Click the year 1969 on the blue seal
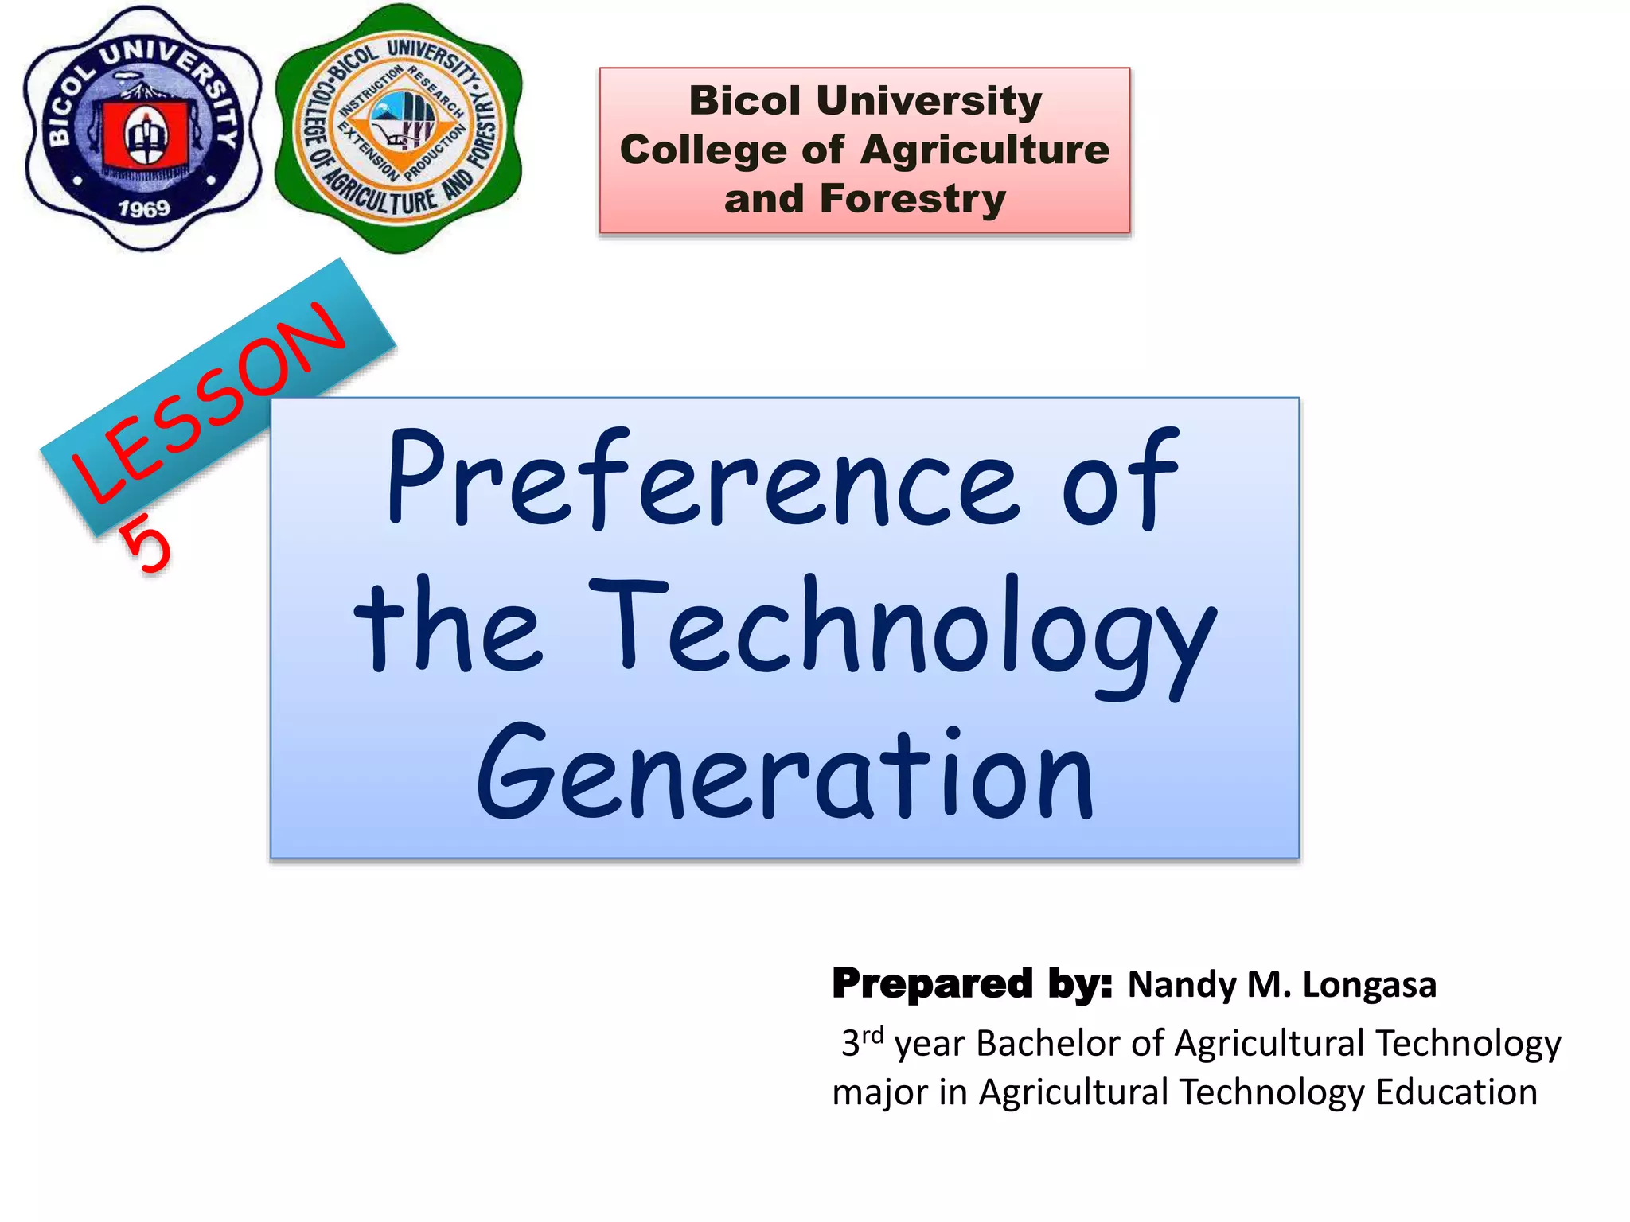(144, 208)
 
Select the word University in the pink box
(928, 101)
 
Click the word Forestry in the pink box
(913, 199)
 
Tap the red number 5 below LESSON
(146, 543)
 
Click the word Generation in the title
(785, 773)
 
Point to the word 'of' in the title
(1121, 481)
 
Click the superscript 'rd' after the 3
(872, 1035)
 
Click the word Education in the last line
(1456, 1092)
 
